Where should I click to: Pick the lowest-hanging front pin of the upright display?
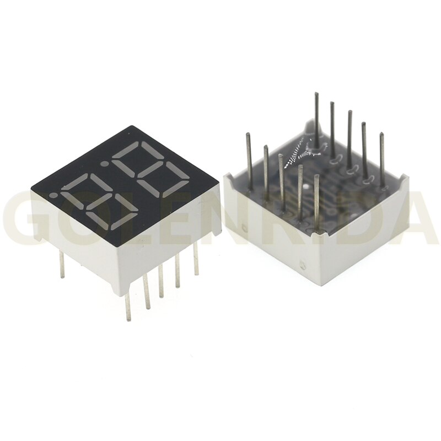pos(128,309)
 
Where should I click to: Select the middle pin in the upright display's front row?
pos(160,282)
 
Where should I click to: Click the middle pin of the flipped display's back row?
pos(349,138)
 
